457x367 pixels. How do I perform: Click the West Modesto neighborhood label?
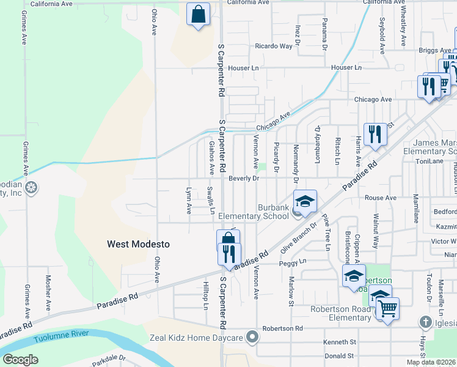(x=138, y=244)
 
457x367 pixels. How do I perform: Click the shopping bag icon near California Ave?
(x=198, y=15)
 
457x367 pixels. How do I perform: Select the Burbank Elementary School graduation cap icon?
(x=305, y=201)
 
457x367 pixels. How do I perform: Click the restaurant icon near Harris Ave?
(x=375, y=134)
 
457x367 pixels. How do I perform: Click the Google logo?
(x=20, y=360)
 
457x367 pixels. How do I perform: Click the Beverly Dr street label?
(x=244, y=179)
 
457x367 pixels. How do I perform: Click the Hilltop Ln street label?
(x=207, y=296)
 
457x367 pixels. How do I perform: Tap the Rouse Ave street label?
(x=380, y=198)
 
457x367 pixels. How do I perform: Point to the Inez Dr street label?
(x=298, y=35)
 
